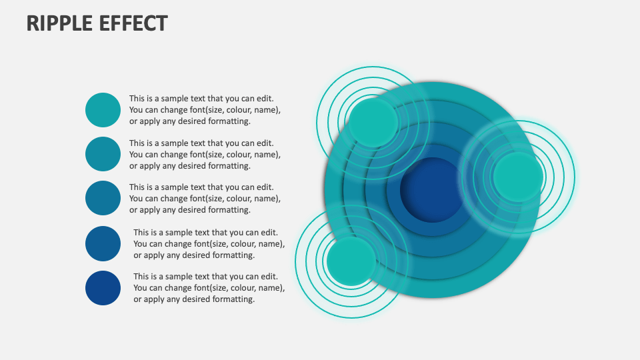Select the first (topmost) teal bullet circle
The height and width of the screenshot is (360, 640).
tap(103, 110)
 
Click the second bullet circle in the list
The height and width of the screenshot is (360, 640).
tap(103, 154)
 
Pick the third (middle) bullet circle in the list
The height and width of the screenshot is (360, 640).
tap(103, 198)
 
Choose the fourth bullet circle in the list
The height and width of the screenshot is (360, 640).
tap(103, 243)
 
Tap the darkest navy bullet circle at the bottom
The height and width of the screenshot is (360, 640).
tap(103, 288)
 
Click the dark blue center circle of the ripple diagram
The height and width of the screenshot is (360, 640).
tap(431, 190)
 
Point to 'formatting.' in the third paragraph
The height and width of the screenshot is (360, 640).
tap(229, 210)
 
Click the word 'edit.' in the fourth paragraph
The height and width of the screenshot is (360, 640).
tap(269, 233)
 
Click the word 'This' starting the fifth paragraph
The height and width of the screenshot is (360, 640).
tap(142, 277)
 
